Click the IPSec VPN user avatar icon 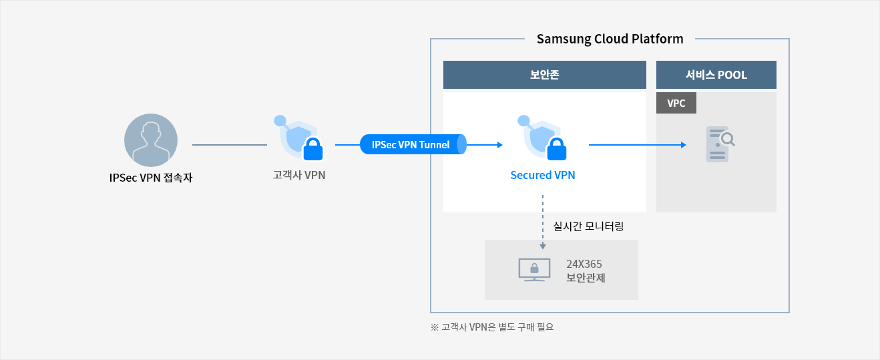[x=151, y=140]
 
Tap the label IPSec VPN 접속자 [x=151, y=178]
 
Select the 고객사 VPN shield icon [x=298, y=138]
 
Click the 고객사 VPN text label [x=299, y=175]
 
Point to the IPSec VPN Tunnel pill [x=413, y=145]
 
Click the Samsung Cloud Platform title [x=610, y=39]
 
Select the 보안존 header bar [x=545, y=75]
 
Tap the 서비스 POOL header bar [x=716, y=75]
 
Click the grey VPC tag [x=676, y=103]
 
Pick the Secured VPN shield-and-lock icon [x=542, y=138]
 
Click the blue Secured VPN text [x=543, y=175]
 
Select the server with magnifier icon [x=720, y=144]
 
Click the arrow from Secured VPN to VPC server [x=637, y=145]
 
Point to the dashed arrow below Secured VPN [x=543, y=222]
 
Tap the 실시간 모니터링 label [x=588, y=226]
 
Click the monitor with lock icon [x=534, y=270]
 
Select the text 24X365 [x=584, y=264]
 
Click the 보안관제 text [x=586, y=278]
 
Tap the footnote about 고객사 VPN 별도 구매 [x=492, y=327]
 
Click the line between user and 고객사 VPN [x=230, y=145]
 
